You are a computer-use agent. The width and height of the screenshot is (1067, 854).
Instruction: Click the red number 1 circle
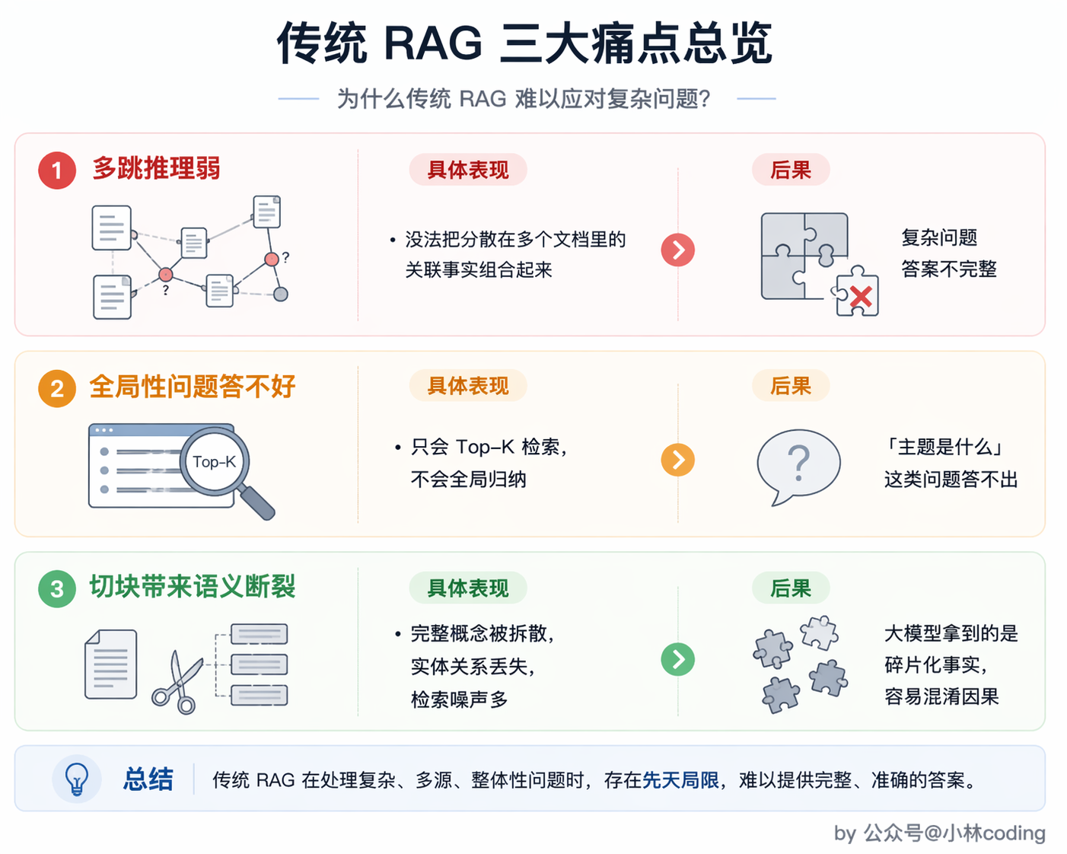coord(57,170)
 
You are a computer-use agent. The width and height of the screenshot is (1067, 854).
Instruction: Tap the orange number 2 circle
coord(57,389)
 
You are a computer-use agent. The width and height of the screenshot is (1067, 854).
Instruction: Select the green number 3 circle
coord(57,589)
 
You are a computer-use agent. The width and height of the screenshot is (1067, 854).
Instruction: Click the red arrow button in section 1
coord(678,250)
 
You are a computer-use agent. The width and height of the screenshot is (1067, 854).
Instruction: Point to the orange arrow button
coord(678,460)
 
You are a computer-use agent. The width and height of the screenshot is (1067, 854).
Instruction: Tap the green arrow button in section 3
coord(678,660)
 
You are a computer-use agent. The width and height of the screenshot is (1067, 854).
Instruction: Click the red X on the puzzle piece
coord(861,297)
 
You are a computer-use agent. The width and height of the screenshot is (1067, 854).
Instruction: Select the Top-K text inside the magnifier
coord(214,462)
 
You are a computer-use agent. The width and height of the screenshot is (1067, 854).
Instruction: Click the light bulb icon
coord(77,779)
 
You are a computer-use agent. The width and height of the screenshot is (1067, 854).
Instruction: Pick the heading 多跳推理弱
coord(156,169)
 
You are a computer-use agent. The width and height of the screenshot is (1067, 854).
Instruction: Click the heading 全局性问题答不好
coord(193,387)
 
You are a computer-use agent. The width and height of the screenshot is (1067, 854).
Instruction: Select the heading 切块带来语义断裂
coord(193,587)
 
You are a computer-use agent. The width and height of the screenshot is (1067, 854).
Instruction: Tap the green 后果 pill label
coord(791,588)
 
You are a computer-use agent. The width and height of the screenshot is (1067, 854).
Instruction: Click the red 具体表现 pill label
coord(468,170)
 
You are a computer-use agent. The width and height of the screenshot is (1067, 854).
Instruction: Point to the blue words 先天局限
coord(680,780)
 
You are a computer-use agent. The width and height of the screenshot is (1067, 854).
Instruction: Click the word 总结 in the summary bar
coord(148,779)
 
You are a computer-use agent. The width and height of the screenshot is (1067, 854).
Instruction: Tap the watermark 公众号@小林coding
coord(955,833)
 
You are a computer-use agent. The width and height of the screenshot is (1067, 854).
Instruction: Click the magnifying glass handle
coord(256,502)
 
